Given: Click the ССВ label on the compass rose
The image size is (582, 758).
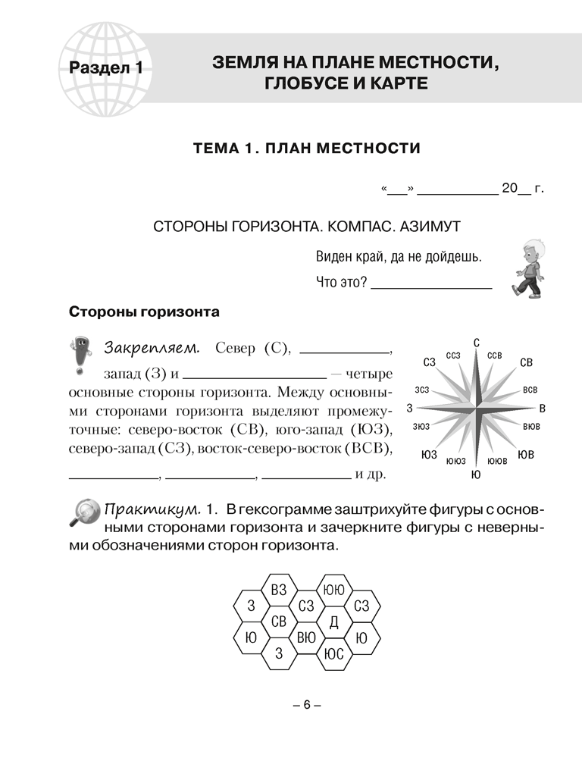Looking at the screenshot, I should tap(495, 355).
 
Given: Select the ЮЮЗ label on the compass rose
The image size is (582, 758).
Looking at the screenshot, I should tap(455, 461).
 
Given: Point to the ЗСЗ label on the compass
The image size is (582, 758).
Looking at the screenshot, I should tap(422, 390).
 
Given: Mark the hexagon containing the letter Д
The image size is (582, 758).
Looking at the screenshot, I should tap(333, 622).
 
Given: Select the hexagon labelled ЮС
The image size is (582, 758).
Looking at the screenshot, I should tap(333, 654).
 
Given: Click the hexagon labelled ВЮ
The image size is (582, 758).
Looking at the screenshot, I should tap(306, 637).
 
